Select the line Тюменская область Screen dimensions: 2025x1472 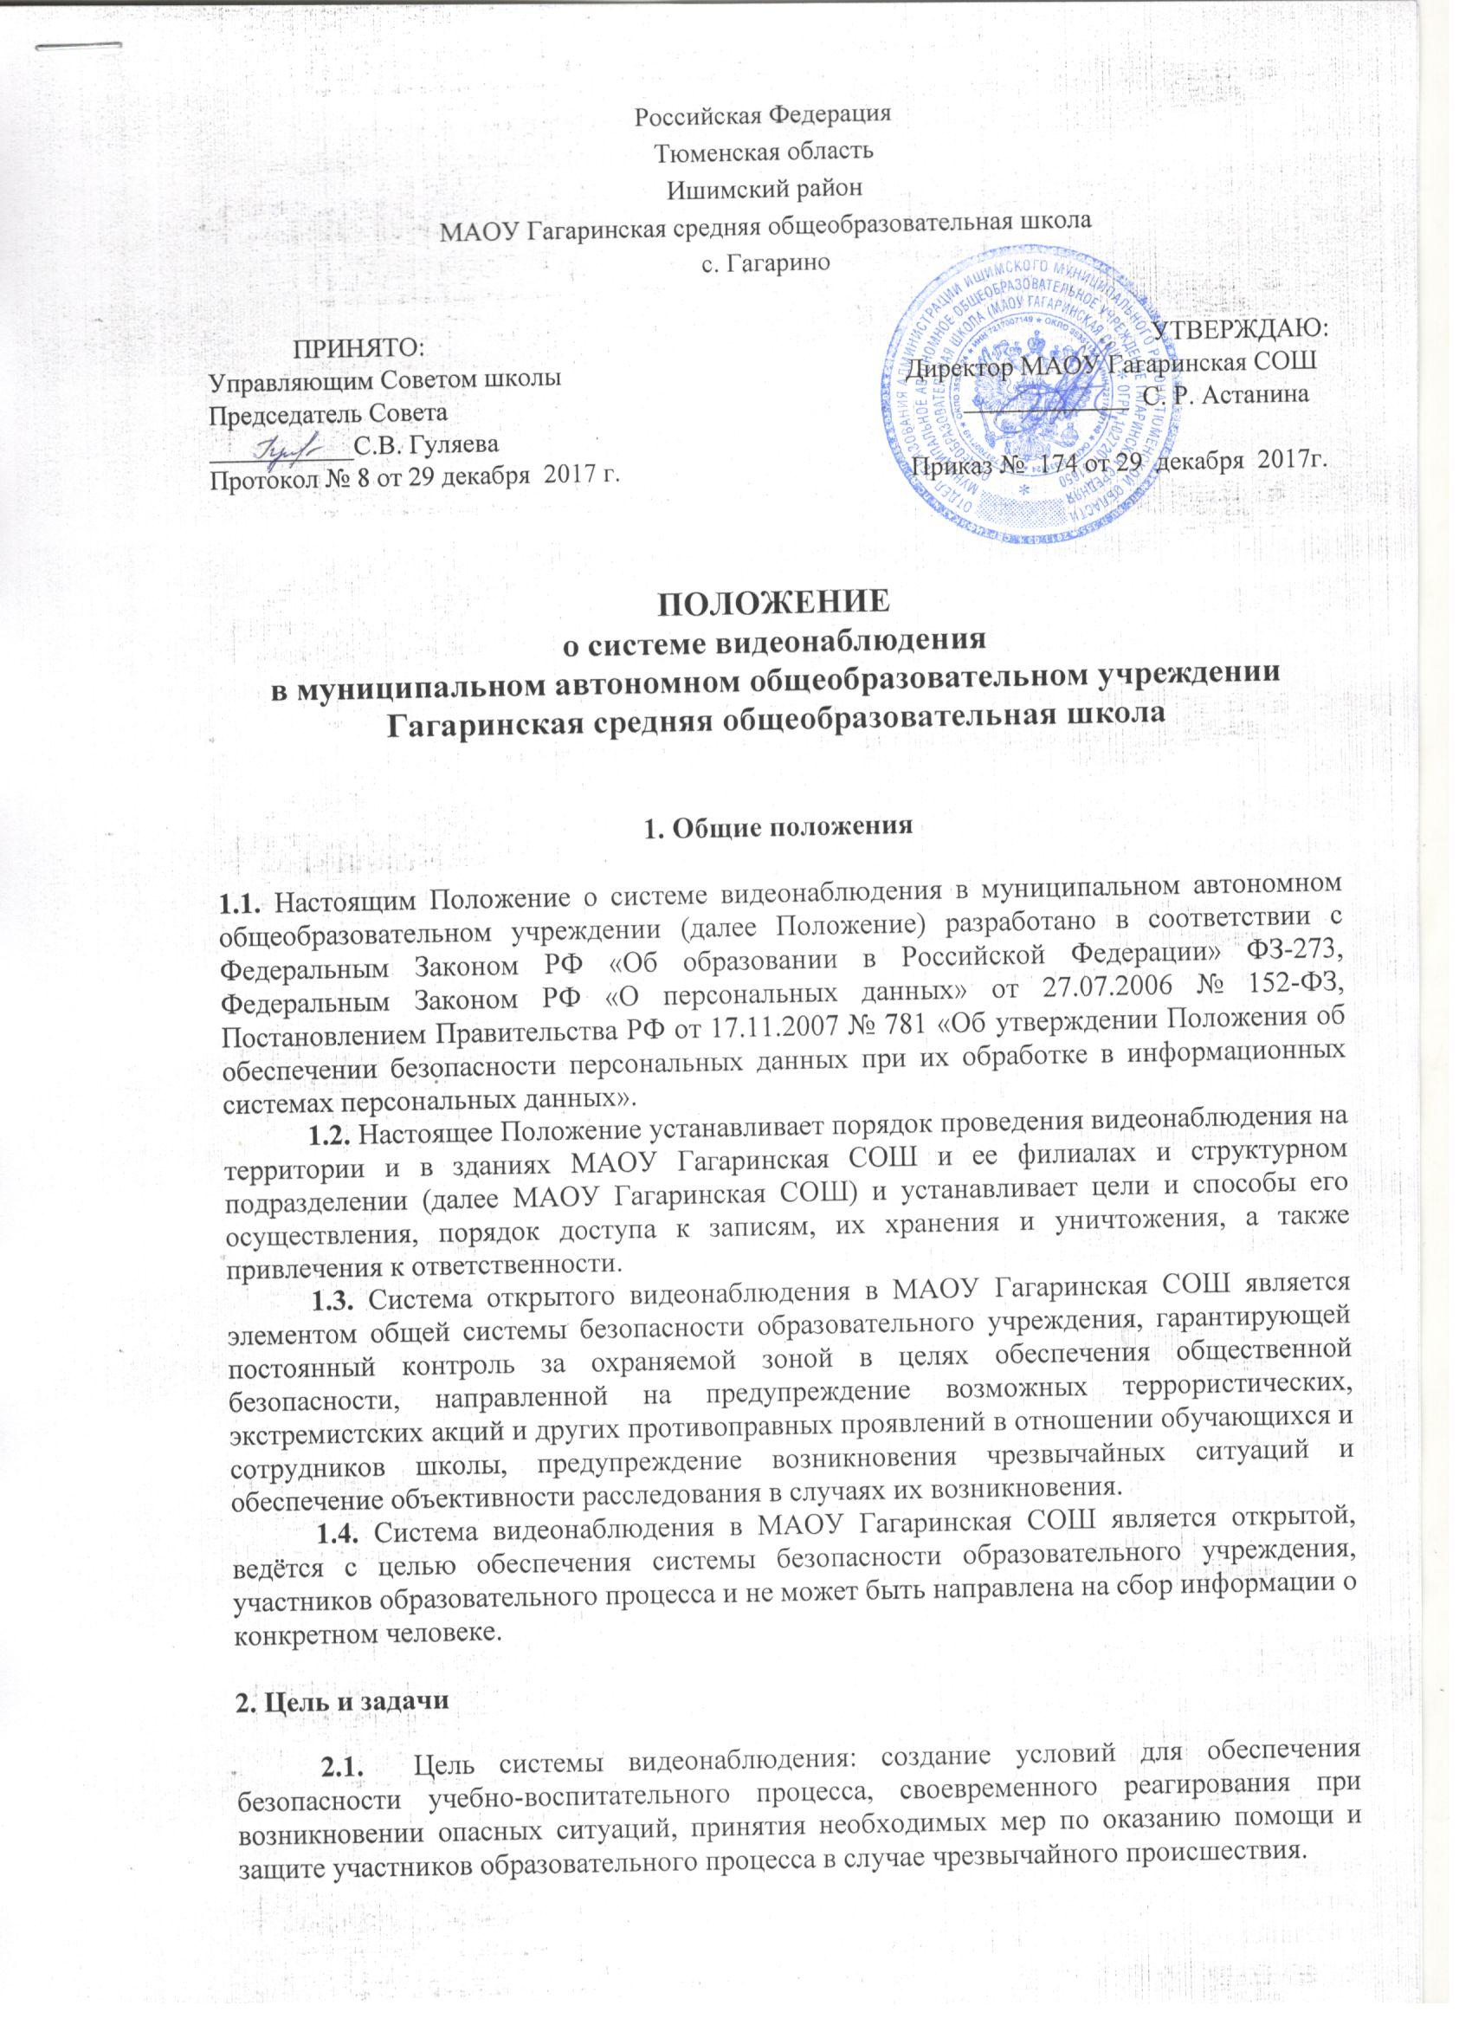point(764,151)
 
